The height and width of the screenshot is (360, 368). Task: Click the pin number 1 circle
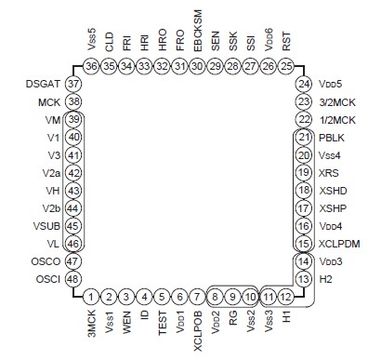pos(91,297)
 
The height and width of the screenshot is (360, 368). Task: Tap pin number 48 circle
pos(72,279)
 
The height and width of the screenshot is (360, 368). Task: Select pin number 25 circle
pos(286,66)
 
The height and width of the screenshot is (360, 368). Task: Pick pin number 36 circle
pos(91,66)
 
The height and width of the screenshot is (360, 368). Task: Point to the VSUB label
pos(46,225)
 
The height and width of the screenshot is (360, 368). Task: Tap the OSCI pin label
pos(47,279)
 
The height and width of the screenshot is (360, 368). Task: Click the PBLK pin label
pos(333,137)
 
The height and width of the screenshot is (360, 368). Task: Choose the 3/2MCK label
pos(338,101)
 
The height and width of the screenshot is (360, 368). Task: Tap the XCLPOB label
pos(198,329)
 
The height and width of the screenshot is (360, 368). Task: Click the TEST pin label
pos(163,321)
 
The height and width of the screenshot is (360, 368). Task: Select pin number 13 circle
pos(304,279)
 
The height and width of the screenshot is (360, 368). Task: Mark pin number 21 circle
pos(304,137)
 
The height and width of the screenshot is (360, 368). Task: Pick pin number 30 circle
pos(198,66)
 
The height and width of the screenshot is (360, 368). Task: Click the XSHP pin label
pos(333,208)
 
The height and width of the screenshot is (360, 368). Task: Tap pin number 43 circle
pos(72,190)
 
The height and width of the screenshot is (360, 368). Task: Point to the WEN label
pos(127,320)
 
